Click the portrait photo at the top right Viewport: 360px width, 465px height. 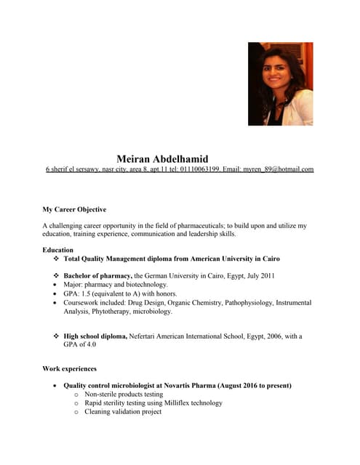pos(280,84)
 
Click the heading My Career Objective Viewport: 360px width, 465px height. pos(74,209)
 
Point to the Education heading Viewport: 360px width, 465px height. pos(58,250)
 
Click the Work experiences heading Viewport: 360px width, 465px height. pos(70,369)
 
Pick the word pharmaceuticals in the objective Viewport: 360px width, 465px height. pos(196,226)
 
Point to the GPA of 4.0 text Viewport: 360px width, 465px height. pos(80,344)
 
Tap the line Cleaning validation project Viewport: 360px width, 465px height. pos(123,412)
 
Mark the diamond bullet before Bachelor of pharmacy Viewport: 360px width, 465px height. pos(56,276)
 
